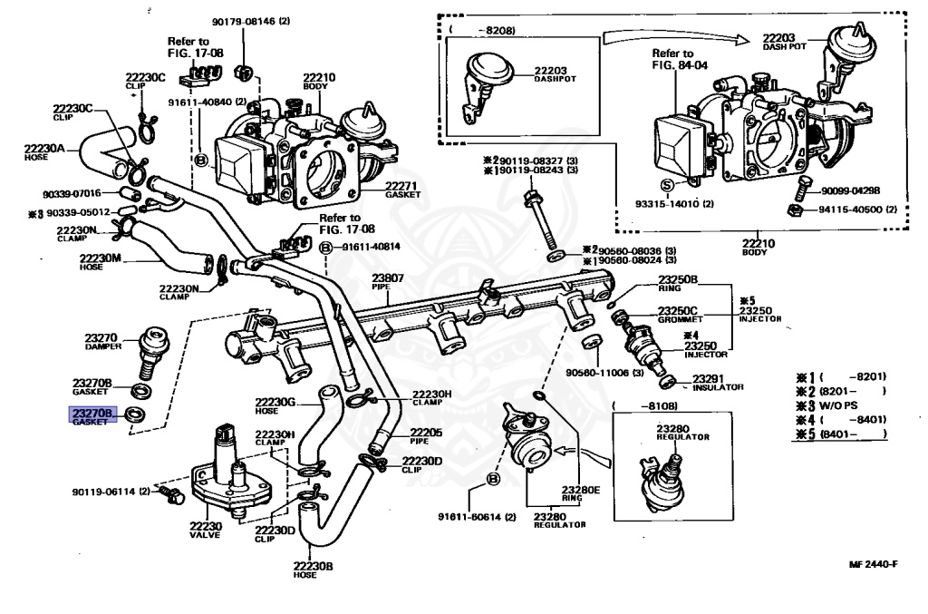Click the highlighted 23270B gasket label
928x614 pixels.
pos(94,416)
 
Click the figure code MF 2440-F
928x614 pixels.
pos(872,564)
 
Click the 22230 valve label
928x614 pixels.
pos(206,529)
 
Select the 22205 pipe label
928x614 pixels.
pos(425,435)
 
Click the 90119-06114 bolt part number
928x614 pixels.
pos(111,492)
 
